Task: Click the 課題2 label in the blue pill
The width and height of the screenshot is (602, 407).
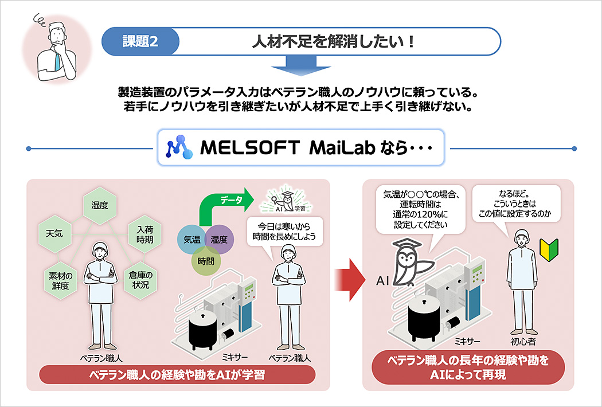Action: coord(140,41)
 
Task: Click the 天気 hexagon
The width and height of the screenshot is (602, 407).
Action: coord(54,233)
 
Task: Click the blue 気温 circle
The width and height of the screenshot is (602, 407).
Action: coord(191,239)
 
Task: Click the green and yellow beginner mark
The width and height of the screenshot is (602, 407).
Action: coord(548,249)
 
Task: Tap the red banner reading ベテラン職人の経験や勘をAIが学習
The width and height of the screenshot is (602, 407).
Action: coord(177,375)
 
